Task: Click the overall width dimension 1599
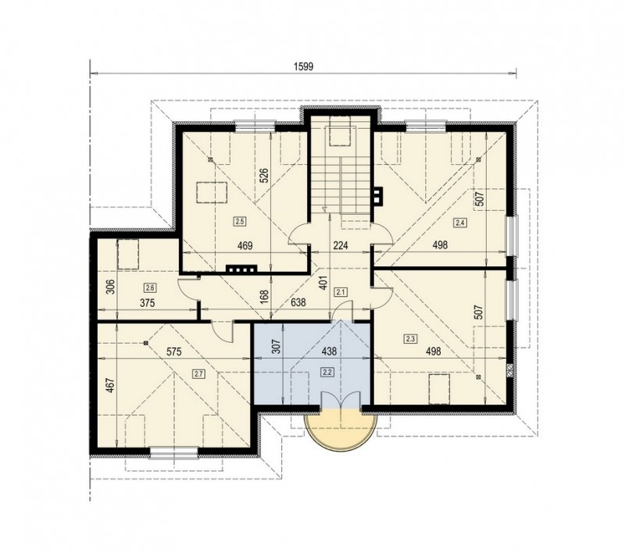(x=304, y=66)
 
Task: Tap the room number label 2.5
(x=240, y=221)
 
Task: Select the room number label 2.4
(x=459, y=223)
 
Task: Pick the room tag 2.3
(x=411, y=339)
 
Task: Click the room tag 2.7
(x=198, y=373)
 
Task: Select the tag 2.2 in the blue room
(x=327, y=372)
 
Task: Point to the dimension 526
(x=264, y=176)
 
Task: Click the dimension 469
(x=245, y=246)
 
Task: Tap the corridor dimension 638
(x=298, y=303)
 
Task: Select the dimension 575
(x=173, y=351)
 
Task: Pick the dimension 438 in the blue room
(x=329, y=351)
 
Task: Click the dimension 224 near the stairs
(x=341, y=245)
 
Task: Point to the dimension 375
(x=147, y=303)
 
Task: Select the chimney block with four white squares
(x=241, y=269)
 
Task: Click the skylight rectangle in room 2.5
(x=212, y=192)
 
